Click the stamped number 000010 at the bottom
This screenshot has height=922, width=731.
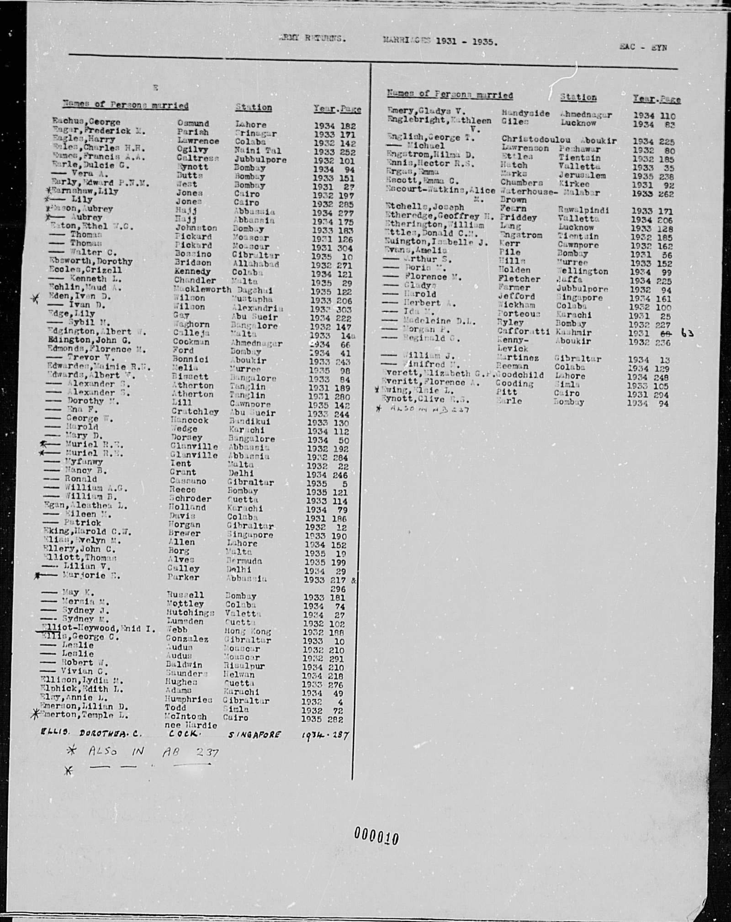click(x=376, y=837)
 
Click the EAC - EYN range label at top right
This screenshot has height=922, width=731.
click(x=643, y=47)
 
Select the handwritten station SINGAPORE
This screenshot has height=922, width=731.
click(x=254, y=734)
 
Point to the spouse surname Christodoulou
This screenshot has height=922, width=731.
click(x=535, y=139)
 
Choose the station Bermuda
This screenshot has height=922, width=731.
click(x=246, y=561)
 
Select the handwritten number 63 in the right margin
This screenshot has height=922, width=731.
click(x=687, y=333)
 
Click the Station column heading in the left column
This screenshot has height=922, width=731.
click(x=254, y=108)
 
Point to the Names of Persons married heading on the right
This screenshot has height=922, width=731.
click(x=450, y=95)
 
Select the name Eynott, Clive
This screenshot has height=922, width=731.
click(x=415, y=400)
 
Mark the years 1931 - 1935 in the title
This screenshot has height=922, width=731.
click(x=466, y=41)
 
